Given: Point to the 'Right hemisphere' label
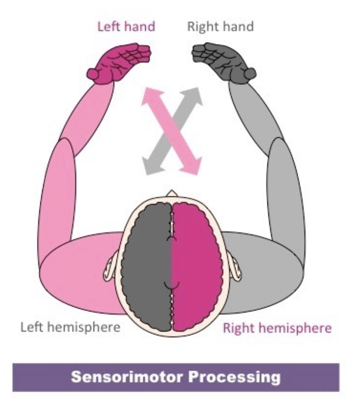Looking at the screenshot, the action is [277, 327].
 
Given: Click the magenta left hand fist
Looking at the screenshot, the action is [123, 62].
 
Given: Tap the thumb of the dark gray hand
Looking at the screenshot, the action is [250, 73].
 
